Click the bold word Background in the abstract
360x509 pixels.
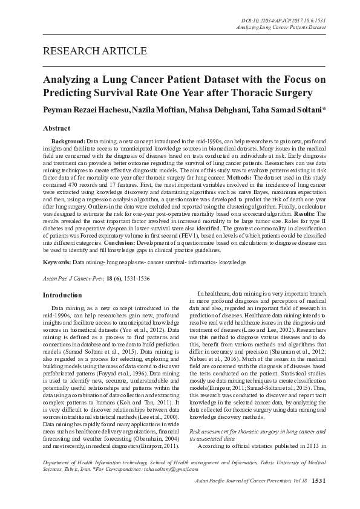[68, 140]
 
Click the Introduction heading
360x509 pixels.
[61, 295]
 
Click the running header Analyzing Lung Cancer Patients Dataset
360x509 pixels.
[284, 28]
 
